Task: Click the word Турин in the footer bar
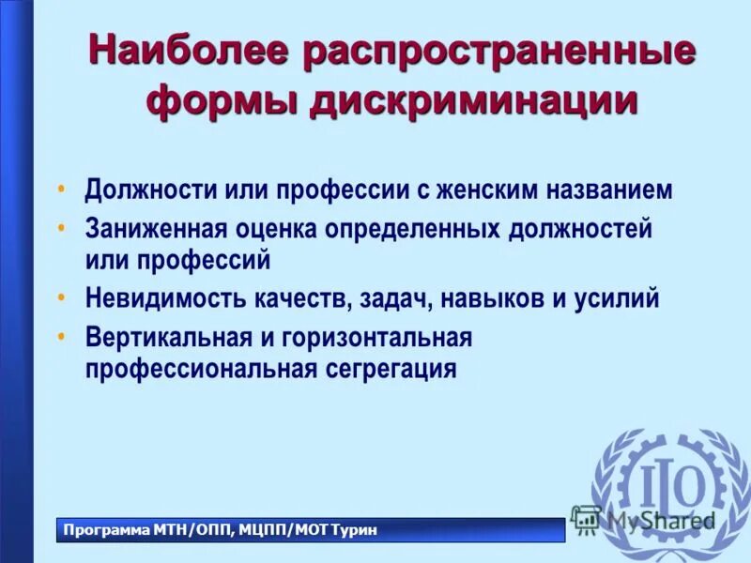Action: point(358,531)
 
